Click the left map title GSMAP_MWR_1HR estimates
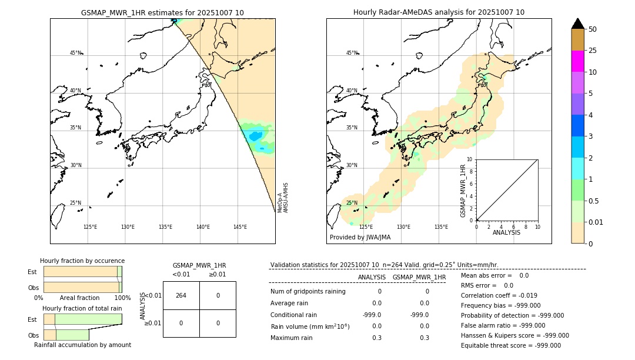click(162, 12)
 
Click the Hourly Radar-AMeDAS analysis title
click(439, 12)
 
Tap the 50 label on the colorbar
click(593, 29)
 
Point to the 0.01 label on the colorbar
click(596, 222)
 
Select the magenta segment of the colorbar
click(577, 61)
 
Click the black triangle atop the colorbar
click(577, 24)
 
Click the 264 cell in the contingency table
click(181, 295)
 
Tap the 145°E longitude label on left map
click(240, 227)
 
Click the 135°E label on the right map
click(441, 227)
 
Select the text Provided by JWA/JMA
click(360, 238)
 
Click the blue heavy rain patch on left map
click(255, 136)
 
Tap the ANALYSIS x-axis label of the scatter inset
click(506, 232)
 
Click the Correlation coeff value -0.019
click(524, 296)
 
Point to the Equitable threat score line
click(510, 346)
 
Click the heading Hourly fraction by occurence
click(82, 261)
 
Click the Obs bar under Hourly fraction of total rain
click(66, 335)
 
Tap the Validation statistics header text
click(384, 265)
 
